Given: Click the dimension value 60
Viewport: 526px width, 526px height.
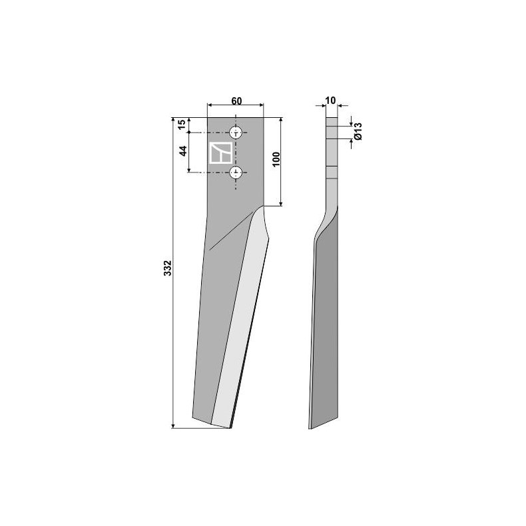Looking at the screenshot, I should pos(236,101).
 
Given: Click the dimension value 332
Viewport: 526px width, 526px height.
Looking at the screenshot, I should pos(168,268).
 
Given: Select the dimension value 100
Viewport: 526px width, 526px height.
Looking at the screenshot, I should pos(276,160).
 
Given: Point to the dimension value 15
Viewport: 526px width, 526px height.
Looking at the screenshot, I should pos(181,125).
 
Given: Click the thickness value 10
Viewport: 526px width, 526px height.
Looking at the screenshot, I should pos(331,101).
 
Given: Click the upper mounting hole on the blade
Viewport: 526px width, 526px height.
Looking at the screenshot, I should pos(236,132).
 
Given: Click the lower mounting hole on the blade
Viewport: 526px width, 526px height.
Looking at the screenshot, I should pos(236,172).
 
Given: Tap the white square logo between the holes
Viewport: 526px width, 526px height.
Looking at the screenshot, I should pos(220,152).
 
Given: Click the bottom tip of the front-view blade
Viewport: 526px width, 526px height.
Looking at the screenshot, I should pos(230,427).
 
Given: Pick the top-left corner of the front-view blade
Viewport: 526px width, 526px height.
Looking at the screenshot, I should pos(208,118).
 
